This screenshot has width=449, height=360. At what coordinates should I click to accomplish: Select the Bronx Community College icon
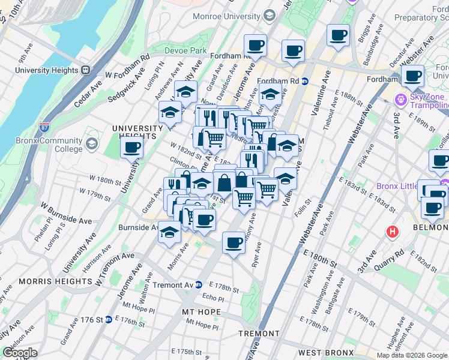tap(92, 144)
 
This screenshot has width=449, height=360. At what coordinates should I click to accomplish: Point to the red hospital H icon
tap(393, 231)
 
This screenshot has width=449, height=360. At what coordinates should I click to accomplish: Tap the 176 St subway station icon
tap(109, 319)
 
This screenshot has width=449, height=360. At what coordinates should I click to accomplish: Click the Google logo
tap(20, 353)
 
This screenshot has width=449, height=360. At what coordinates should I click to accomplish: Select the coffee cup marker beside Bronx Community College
tap(131, 146)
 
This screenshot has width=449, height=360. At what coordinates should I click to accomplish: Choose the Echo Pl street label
tap(212, 298)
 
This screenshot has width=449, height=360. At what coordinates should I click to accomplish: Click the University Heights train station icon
tap(85, 70)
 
